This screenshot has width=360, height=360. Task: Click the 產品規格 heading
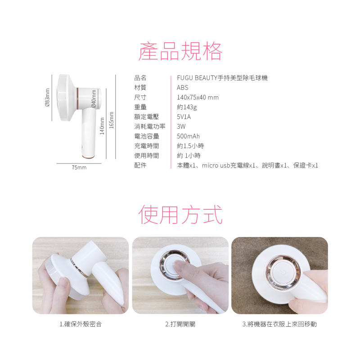click(180, 51)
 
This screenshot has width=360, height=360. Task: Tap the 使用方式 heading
click(180, 215)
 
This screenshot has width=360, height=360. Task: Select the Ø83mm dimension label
click(47, 98)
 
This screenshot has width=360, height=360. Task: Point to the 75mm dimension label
click(79, 167)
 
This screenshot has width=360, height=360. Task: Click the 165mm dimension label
click(111, 120)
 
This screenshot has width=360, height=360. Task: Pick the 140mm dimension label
click(102, 126)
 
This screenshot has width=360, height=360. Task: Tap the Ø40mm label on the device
click(94, 98)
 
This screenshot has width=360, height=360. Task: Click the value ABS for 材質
click(183, 87)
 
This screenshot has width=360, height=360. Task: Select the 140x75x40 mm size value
click(198, 97)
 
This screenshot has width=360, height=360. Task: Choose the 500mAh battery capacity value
click(188, 136)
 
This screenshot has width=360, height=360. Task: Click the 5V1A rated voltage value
click(184, 117)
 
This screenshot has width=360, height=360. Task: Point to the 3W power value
click(181, 126)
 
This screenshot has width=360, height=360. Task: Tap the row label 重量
click(140, 107)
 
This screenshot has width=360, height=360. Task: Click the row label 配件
click(140, 165)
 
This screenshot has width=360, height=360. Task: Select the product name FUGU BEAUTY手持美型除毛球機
click(222, 78)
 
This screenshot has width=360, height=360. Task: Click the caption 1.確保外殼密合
click(81, 324)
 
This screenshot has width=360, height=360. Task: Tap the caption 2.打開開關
click(180, 324)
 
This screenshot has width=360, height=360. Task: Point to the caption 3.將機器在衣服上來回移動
click(279, 324)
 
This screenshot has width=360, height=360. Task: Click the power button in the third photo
click(283, 272)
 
